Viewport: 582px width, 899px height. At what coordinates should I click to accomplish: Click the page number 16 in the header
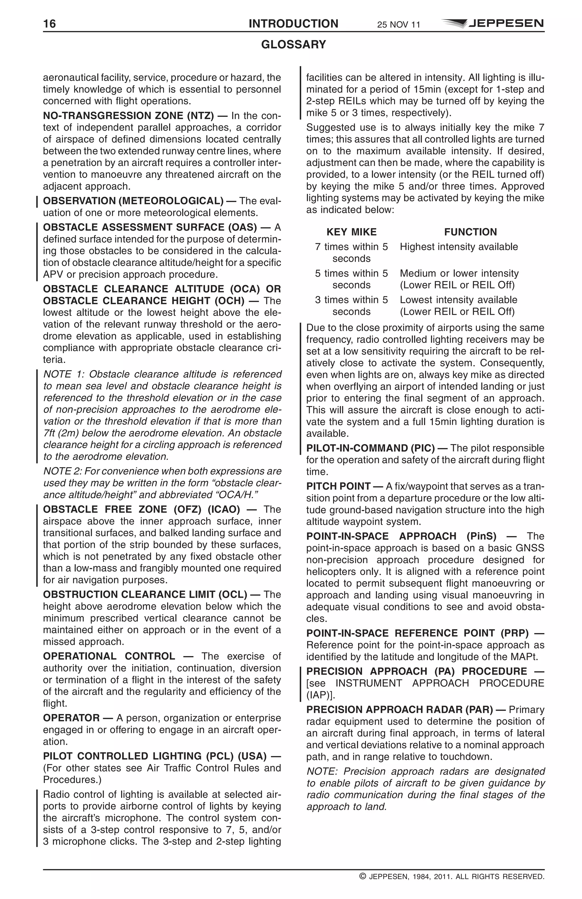click(49, 24)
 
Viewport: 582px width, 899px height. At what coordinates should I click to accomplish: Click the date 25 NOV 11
click(398, 25)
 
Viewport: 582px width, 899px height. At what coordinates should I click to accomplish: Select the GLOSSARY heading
click(294, 45)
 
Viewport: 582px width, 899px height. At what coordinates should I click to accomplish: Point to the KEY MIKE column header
click(351, 232)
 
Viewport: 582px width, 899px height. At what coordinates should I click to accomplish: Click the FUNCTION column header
click(470, 232)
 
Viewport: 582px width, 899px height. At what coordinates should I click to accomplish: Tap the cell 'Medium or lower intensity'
click(459, 273)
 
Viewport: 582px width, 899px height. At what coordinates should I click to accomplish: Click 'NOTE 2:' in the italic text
click(62, 471)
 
